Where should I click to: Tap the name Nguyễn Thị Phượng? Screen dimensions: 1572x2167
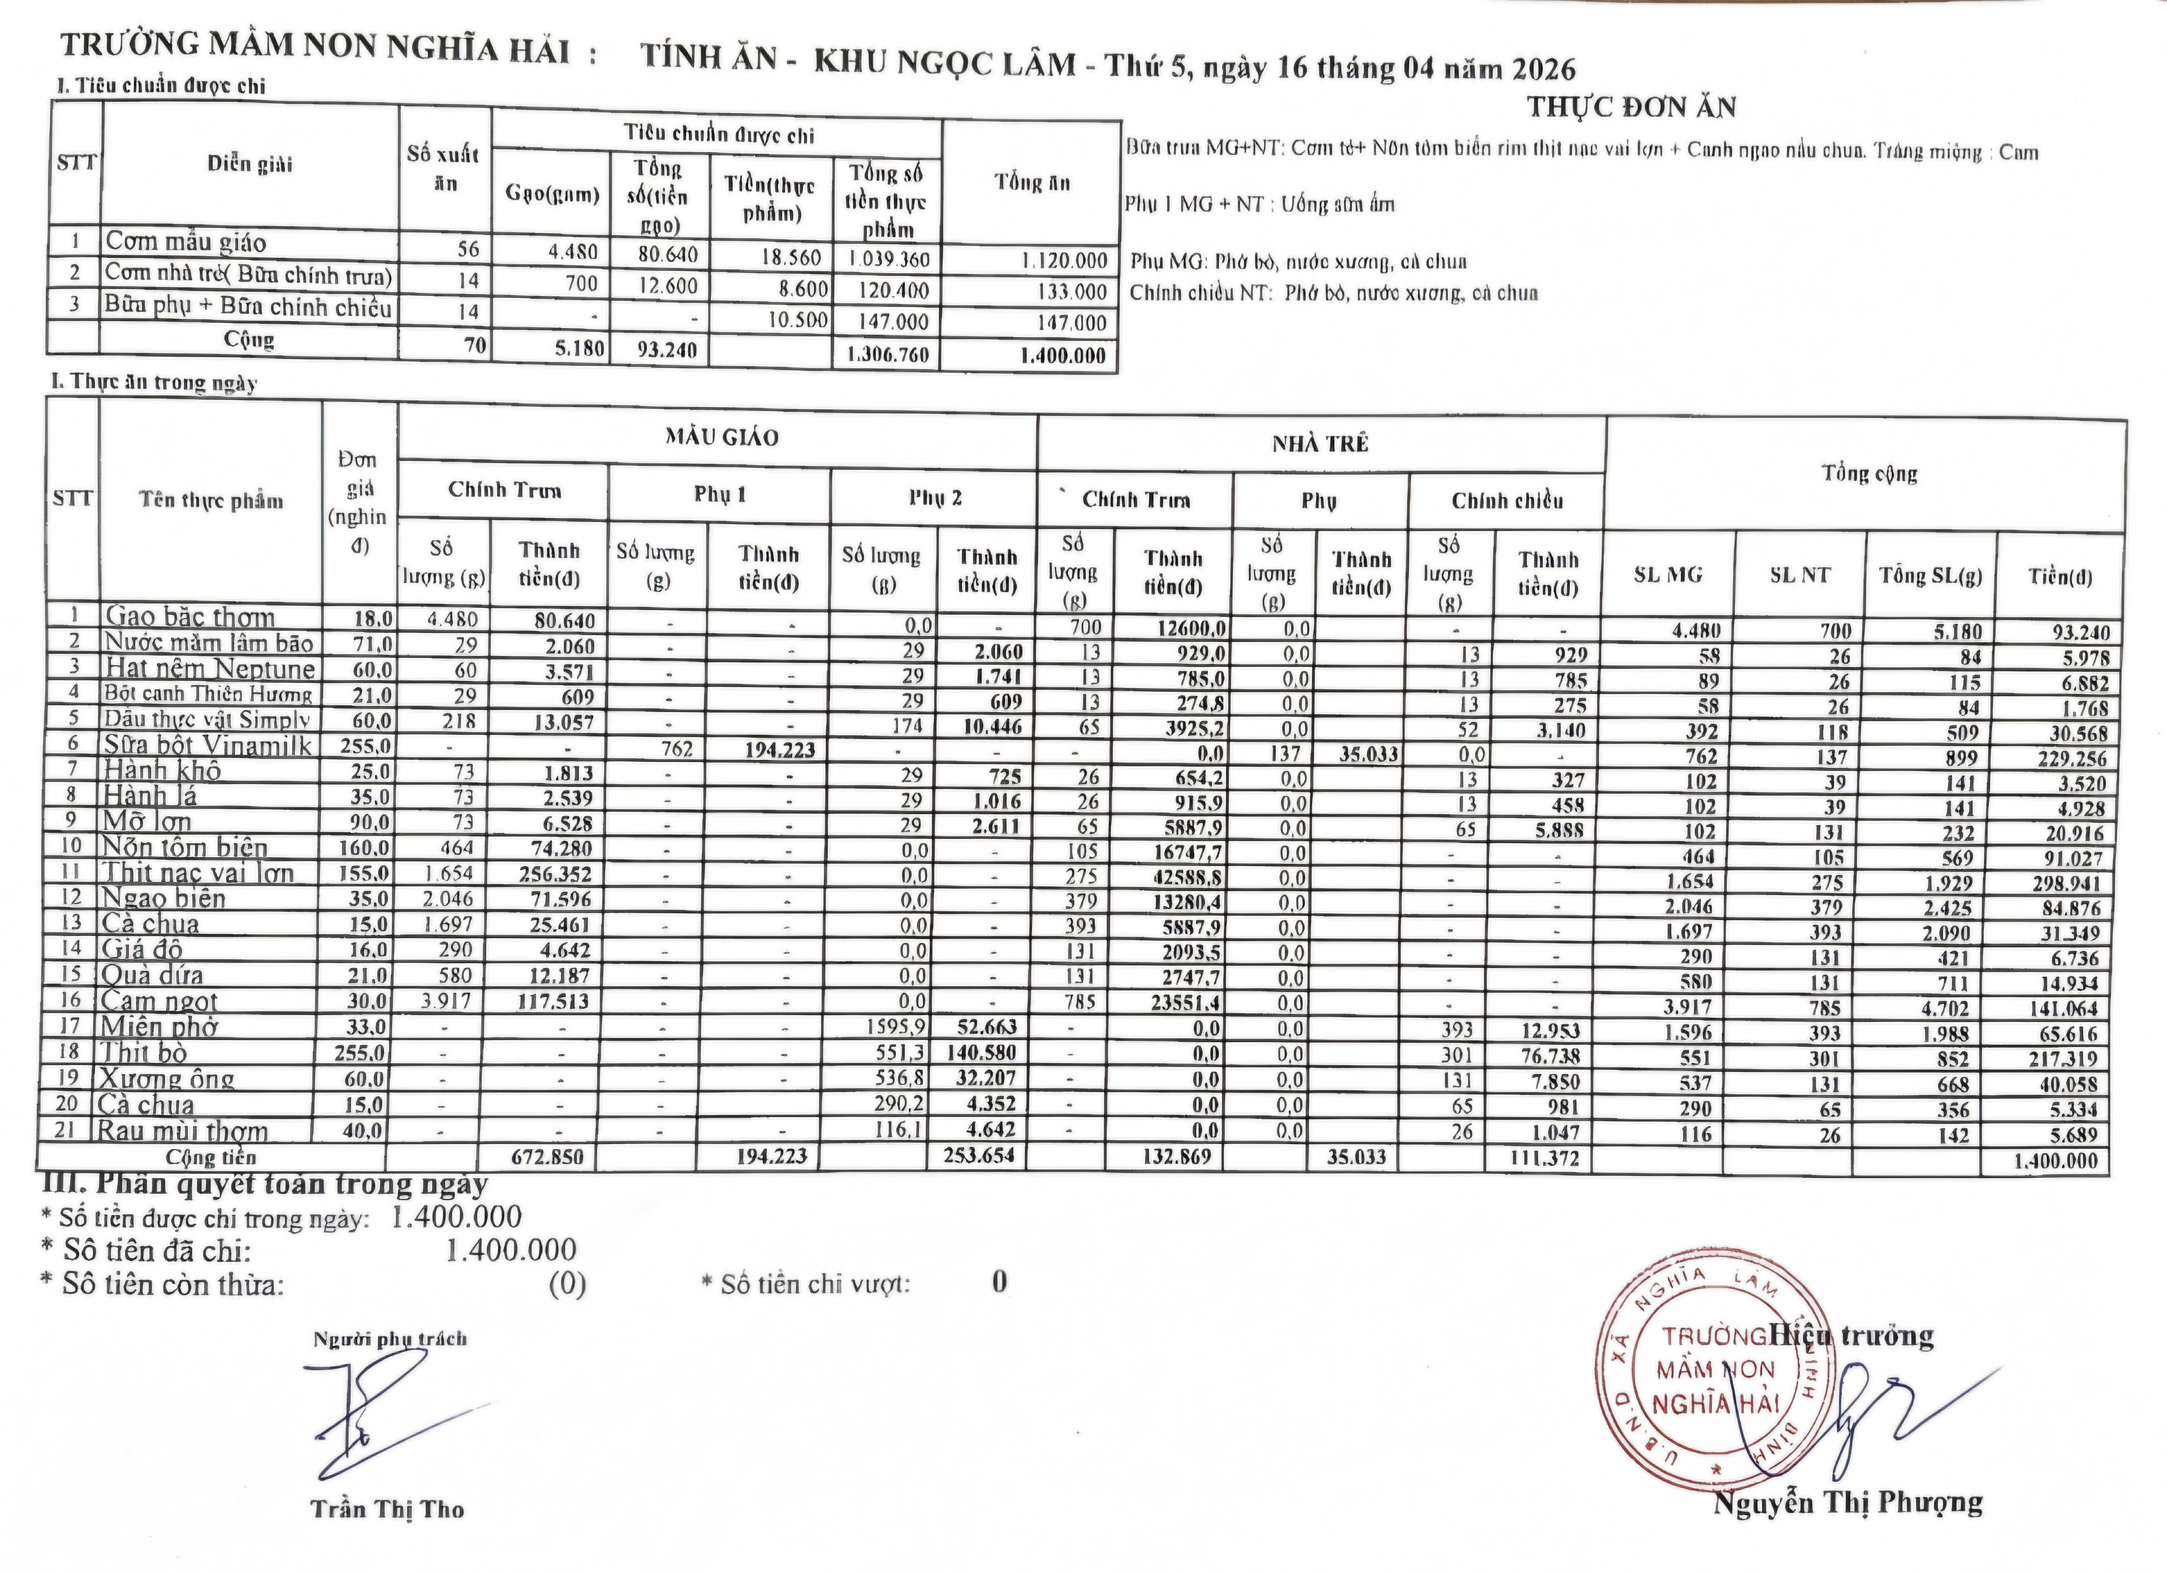click(1847, 1502)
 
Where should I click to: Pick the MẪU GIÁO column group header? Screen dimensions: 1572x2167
click(722, 438)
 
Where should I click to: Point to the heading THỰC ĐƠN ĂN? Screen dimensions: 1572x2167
click(1631, 107)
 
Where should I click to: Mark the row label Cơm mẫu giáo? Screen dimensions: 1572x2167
click(185, 242)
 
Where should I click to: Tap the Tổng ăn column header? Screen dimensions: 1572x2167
click(1032, 182)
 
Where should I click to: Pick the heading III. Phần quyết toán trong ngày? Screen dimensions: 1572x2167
click(265, 1184)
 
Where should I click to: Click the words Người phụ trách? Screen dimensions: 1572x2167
click(390, 1339)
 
